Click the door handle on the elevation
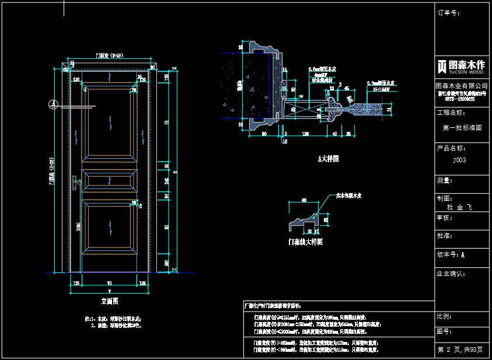pos(75,183)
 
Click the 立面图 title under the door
pos(110,302)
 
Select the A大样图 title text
pos(328,159)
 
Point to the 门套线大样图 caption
pos(305,241)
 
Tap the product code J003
pos(460,159)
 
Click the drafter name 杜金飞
pos(459,207)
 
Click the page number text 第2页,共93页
pos(460,349)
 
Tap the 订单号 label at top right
pos(449,12)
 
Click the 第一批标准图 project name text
pos(462,127)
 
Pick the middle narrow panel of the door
pos(110,181)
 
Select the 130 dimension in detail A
pos(305,134)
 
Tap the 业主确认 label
pos(451,273)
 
